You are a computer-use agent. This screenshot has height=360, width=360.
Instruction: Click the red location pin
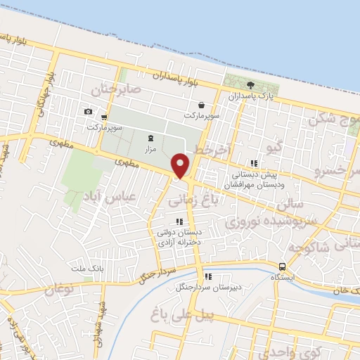181,165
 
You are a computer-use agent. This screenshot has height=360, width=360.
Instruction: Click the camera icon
88,112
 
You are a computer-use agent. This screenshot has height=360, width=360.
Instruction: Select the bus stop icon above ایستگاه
282,266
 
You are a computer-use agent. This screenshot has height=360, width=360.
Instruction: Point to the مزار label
150,150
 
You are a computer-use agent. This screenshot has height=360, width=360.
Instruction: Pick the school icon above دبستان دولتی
179,222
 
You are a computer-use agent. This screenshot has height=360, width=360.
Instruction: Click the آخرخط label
210,151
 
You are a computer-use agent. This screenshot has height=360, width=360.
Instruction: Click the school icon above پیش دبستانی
255,162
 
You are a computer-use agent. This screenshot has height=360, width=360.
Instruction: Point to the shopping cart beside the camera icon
104,117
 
